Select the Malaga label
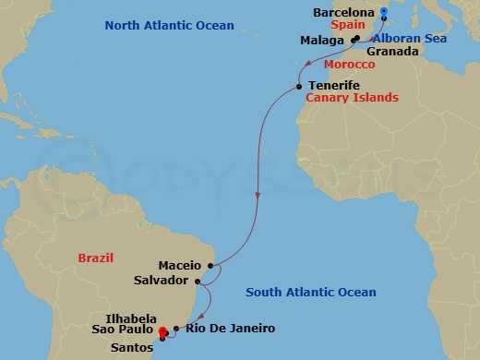(324, 41)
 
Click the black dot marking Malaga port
(354, 39)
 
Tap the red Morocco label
(350, 66)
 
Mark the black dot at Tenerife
(299, 87)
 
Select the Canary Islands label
(352, 98)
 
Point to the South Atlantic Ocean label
(311, 293)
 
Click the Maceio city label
(180, 266)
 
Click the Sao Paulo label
(123, 328)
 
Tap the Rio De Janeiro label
(230, 328)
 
